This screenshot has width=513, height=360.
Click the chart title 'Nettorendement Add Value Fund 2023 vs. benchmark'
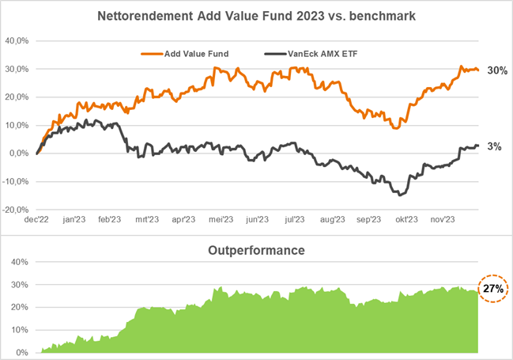click(256, 16)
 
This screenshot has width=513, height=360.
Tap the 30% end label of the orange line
click(497, 70)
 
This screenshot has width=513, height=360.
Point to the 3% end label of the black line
click(494, 146)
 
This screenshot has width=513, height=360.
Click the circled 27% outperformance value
click(494, 289)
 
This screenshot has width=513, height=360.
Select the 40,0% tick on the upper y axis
click(17, 41)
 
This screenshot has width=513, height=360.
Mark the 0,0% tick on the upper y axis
click(19, 153)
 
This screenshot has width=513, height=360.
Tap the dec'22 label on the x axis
click(37, 221)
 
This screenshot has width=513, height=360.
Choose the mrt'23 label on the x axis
click(147, 221)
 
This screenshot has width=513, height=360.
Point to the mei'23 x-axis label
click(221, 221)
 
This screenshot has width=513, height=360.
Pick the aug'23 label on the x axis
click(332, 221)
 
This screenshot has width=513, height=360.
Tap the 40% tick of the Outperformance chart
click(21, 262)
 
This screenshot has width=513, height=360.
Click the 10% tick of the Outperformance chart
click(21, 330)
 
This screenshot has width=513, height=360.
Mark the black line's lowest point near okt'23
click(399, 195)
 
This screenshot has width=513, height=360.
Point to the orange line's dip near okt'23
click(396, 127)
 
